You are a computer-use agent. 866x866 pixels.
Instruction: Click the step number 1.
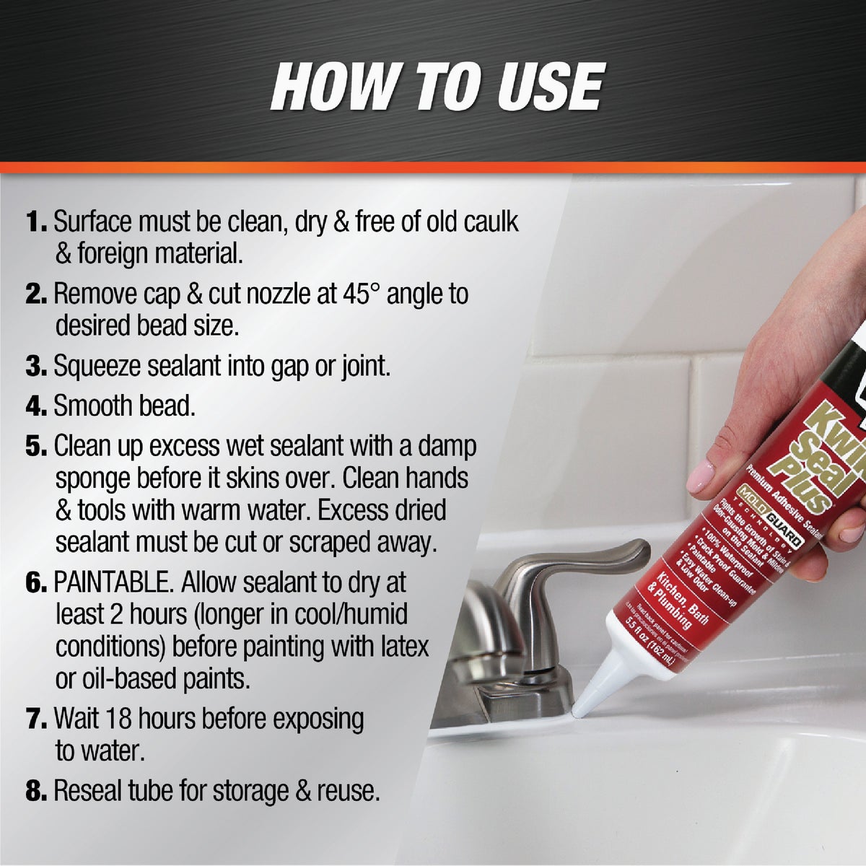coord(35,222)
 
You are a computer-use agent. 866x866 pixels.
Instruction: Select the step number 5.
coord(35,446)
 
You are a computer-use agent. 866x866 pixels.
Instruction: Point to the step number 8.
coord(36,791)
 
